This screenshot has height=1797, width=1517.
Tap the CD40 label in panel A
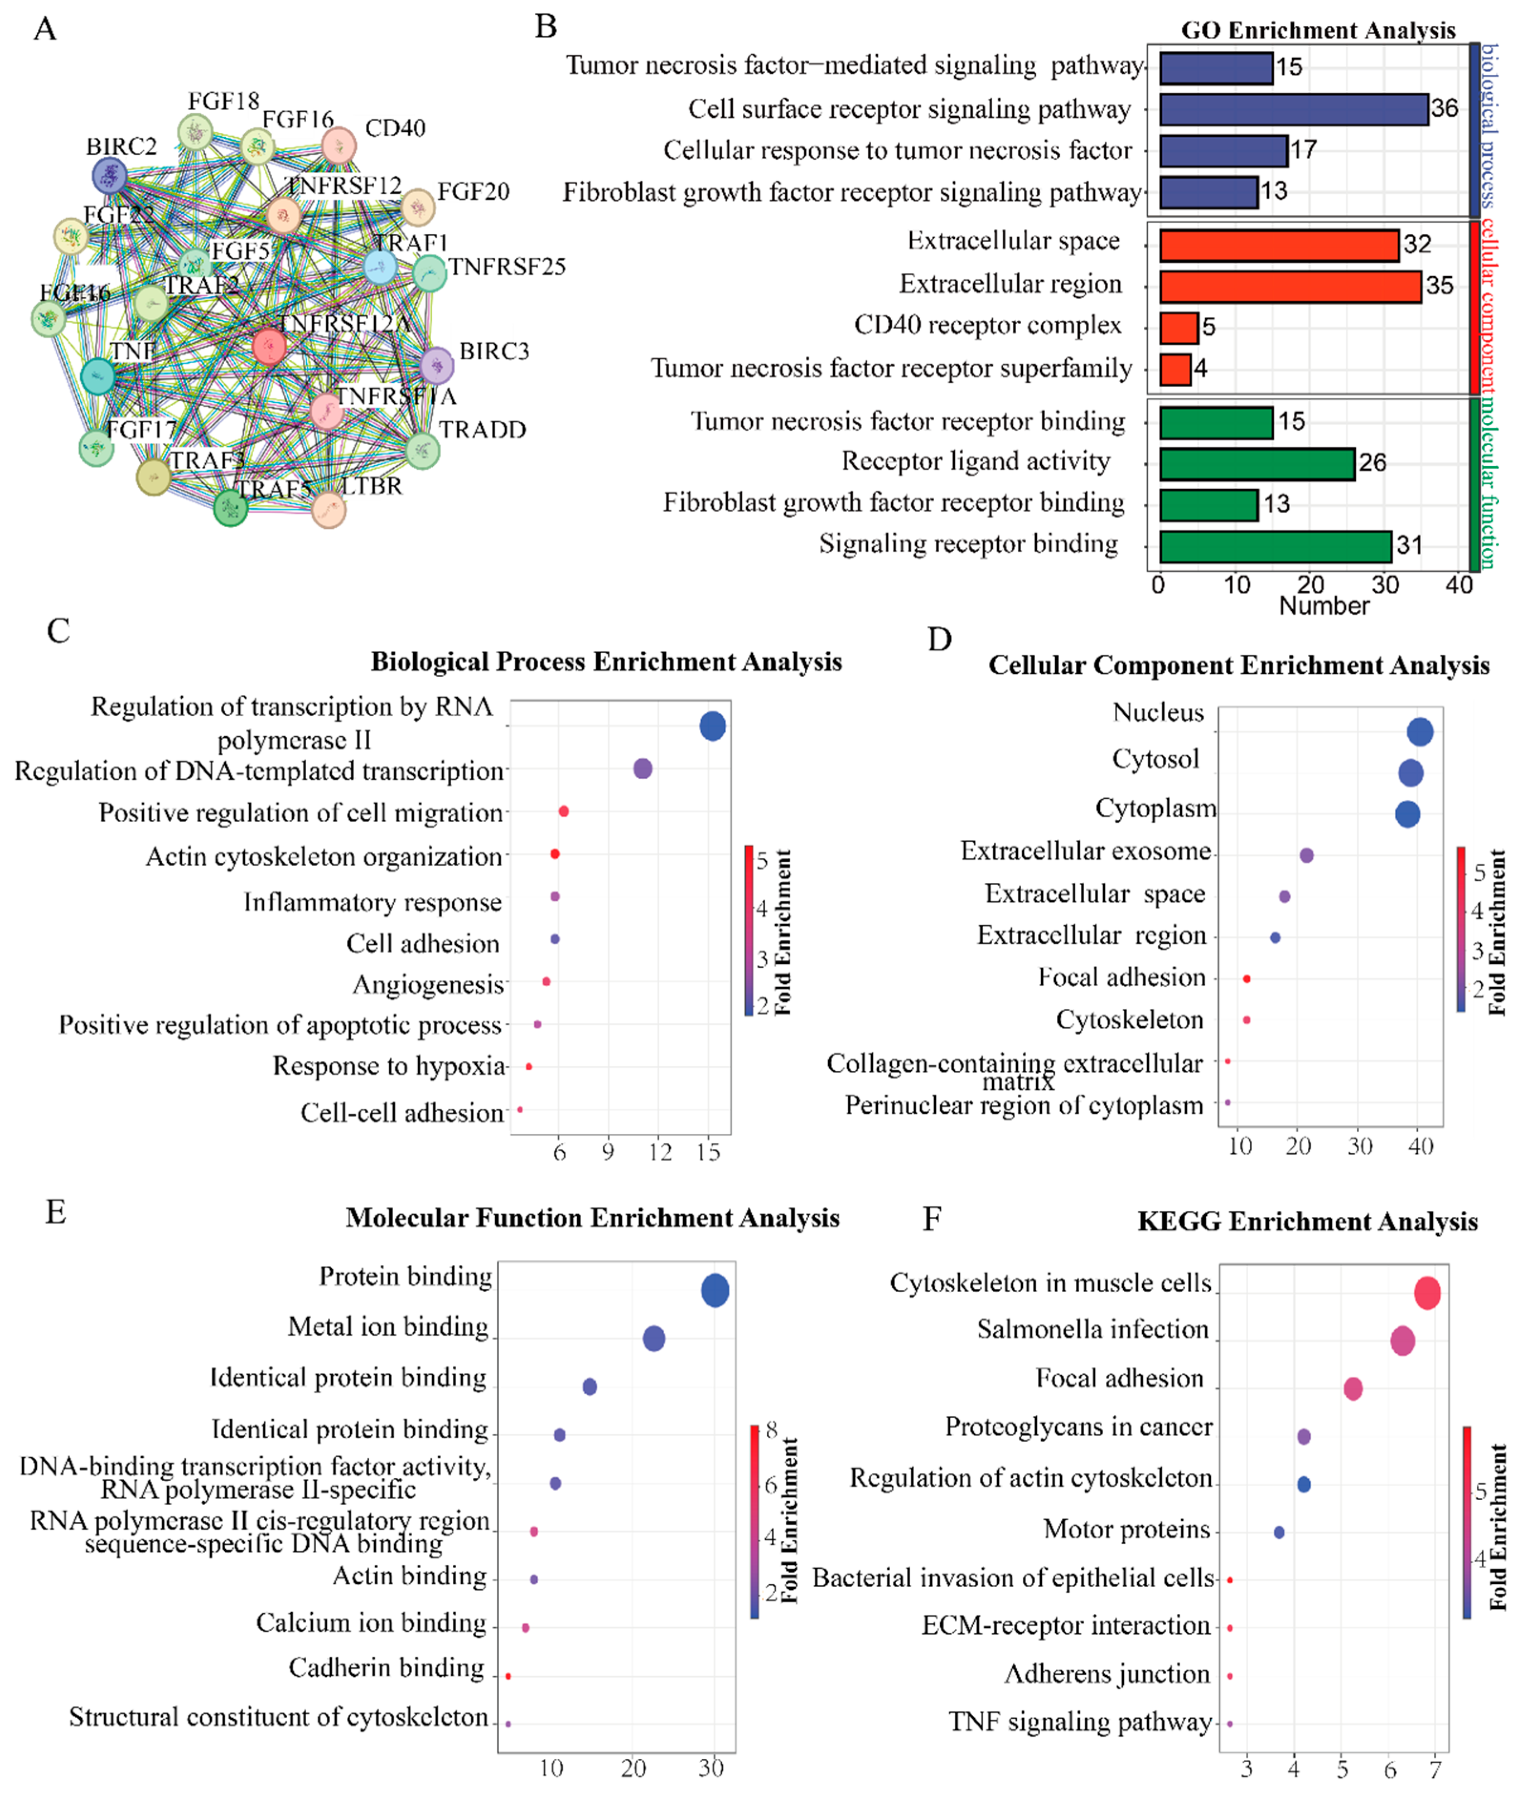395,128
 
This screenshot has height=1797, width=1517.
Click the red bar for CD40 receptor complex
1178,328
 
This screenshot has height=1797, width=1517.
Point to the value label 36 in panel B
1445,108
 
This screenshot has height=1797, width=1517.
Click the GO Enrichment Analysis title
1318,30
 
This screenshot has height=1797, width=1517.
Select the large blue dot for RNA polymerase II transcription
712,726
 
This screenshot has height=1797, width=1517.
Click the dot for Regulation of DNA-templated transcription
643,768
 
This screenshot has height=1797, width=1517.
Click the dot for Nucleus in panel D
1420,732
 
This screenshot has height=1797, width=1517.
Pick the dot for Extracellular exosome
1306,855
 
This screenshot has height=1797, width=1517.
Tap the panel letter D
939,640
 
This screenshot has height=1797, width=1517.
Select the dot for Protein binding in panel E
715,1290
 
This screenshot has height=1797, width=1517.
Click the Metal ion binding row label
388,1327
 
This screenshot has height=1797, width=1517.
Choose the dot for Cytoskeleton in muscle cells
1427,1293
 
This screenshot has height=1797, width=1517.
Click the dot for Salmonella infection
1402,1340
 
